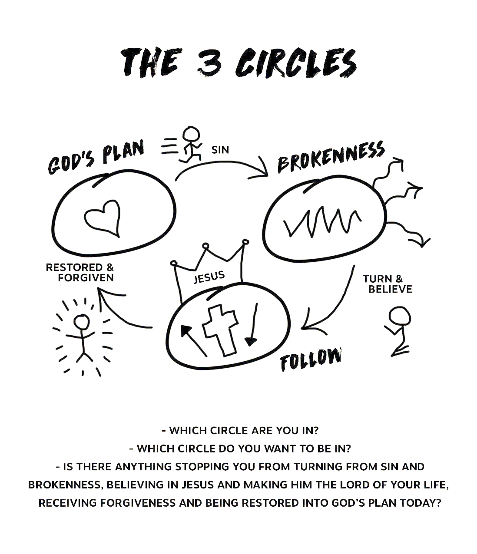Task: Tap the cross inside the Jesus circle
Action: coord(221,329)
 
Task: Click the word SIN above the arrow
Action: coord(220,150)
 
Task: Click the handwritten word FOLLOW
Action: coord(310,359)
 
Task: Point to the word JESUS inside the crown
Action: coord(209,277)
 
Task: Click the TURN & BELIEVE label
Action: coord(386,284)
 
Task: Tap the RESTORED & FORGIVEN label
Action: coord(81,273)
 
